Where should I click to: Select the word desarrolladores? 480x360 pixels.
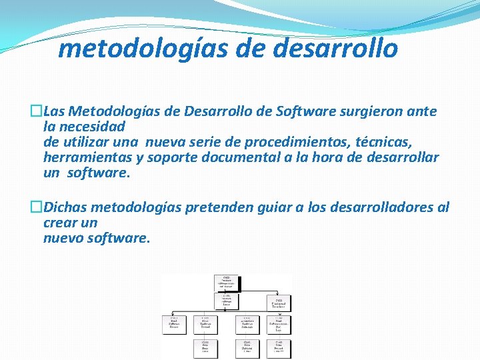[x=377, y=207]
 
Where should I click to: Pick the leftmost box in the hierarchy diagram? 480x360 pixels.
[x=173, y=324]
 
